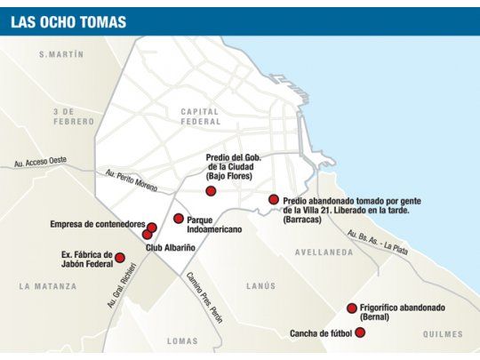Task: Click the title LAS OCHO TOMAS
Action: click(68, 21)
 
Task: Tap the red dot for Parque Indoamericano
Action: click(179, 218)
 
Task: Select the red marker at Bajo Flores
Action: click(211, 190)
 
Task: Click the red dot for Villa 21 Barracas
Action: click(274, 200)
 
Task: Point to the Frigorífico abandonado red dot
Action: click(352, 308)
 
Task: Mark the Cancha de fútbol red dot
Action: click(360, 332)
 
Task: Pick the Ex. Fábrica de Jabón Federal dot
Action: click(120, 257)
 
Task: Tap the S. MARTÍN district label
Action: click(61, 55)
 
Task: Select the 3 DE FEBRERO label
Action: click(74, 116)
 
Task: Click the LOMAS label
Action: click(182, 341)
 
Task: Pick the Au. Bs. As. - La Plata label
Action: click(378, 242)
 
